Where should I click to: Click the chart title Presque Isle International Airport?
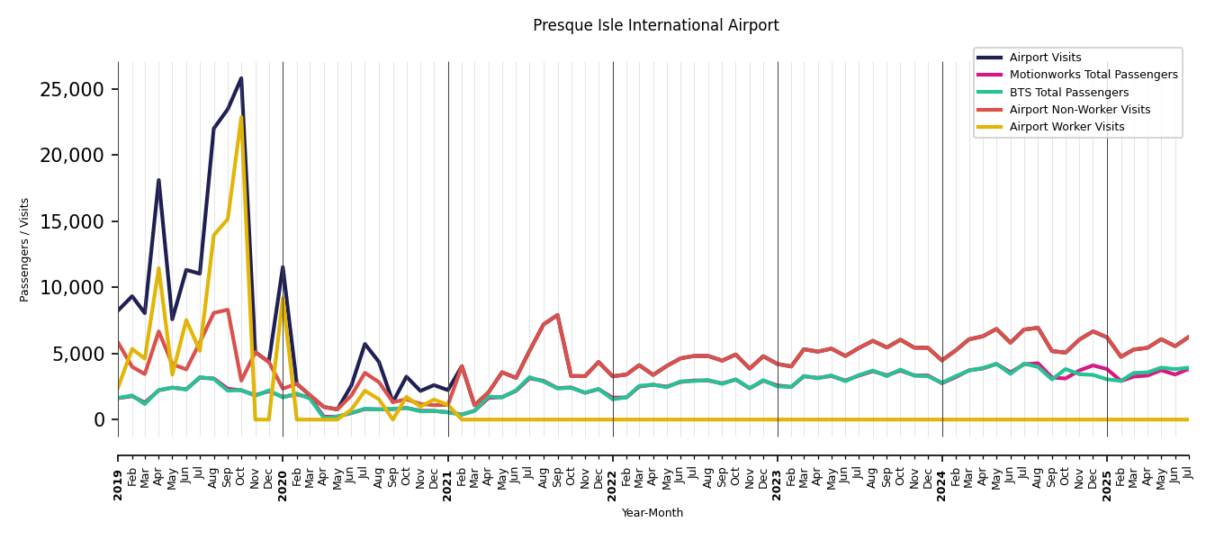655,25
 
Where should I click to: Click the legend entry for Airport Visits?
1045,58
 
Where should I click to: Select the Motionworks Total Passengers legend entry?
1093,75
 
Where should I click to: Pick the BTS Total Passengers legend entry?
1068,93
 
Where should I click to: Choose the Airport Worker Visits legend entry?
1066,127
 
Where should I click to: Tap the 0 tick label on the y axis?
100,419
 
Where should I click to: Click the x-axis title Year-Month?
652,513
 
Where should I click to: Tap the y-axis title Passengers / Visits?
25,249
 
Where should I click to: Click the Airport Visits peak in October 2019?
241,78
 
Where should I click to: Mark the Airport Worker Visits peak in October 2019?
241,117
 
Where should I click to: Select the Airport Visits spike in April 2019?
158,180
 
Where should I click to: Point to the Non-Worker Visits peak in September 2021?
557,315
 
